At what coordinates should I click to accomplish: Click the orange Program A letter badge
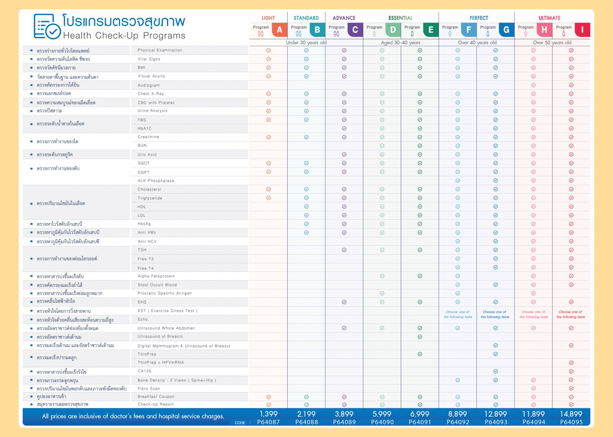coord(279,30)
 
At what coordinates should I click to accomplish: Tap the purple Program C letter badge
coord(355,30)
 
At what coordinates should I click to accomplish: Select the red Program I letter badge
coord(582,30)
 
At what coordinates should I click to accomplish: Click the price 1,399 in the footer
coord(268,414)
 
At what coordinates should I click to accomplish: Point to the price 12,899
coord(495,414)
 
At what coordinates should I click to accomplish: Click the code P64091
coord(420,422)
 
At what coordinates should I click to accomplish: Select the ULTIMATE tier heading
coord(549,18)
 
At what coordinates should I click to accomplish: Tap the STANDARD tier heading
coord(306,18)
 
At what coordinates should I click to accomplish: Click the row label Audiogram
coord(149,85)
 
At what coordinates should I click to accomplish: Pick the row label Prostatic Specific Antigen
coord(164,293)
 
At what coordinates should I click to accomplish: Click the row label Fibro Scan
coord(149,389)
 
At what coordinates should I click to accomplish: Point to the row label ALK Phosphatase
coord(156,181)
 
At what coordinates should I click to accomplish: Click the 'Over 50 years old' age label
coord(552,43)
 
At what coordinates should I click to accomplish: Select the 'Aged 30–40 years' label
coord(400,43)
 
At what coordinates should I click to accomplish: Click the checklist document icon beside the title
coord(47,26)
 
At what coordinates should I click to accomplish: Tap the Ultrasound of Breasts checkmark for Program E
coord(420,337)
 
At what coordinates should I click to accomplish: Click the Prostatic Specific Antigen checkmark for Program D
coord(382,293)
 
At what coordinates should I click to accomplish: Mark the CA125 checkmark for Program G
coord(495,371)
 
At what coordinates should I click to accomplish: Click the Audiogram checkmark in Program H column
coord(533,85)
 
